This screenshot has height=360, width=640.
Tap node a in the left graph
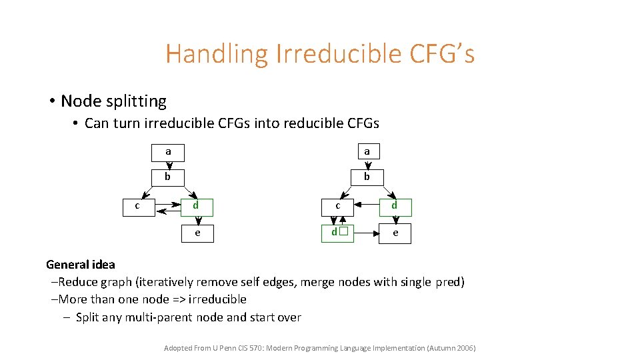168,152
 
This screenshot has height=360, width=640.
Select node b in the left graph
168,177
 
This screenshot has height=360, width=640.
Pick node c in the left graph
137,206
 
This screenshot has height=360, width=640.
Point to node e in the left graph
198,233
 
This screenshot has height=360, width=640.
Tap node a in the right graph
367,152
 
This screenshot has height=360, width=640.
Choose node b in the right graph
367,177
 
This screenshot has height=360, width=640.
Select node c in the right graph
338,206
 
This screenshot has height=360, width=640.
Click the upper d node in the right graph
395,206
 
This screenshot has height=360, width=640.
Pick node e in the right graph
395,233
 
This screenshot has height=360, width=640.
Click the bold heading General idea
81,265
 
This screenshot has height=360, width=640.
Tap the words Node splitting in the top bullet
113,101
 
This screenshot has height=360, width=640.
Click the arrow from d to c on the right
366,206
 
